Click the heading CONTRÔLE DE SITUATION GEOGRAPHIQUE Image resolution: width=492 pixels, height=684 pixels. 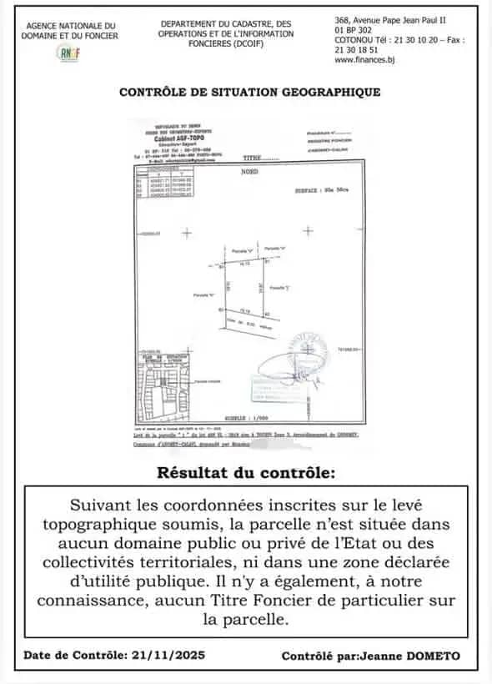(x=250, y=93)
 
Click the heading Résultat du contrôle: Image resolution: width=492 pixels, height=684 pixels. (x=245, y=474)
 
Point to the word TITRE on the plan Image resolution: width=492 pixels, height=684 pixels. (x=252, y=158)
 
